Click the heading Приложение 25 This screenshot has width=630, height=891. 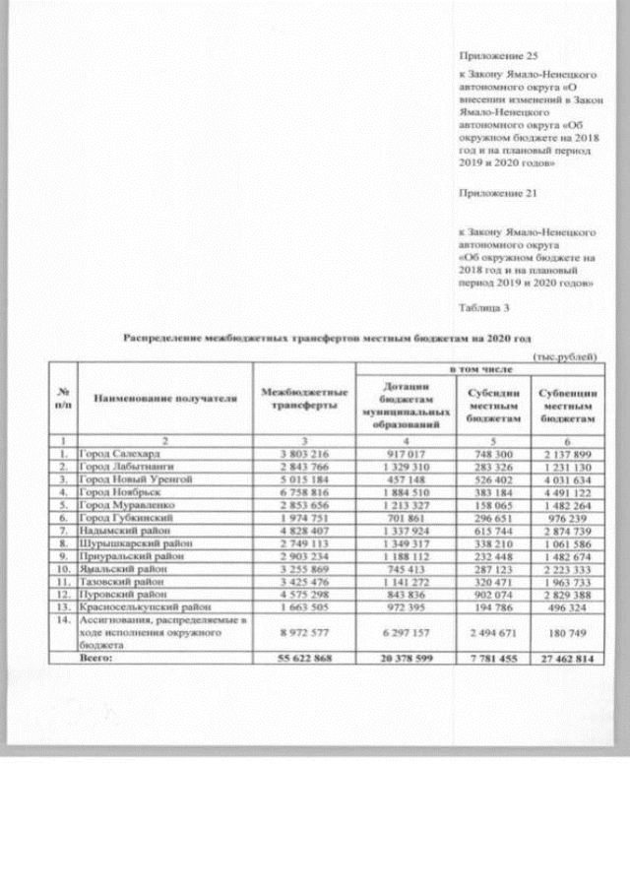499,58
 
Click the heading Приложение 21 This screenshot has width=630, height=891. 499,194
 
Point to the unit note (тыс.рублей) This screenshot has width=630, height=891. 564,355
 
